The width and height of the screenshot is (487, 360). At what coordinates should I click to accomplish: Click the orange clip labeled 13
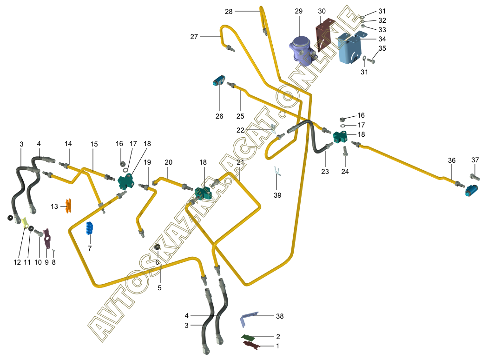(x=68, y=206)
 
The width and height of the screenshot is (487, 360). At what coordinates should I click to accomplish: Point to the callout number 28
(x=229, y=12)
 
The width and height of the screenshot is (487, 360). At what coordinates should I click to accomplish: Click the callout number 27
(x=194, y=37)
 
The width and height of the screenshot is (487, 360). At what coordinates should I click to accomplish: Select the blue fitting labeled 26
(x=219, y=80)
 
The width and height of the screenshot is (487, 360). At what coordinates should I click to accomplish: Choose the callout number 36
(x=452, y=160)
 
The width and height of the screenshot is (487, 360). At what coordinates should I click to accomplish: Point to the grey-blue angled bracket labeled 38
(x=249, y=319)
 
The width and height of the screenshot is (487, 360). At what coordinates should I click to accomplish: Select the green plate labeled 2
(x=248, y=337)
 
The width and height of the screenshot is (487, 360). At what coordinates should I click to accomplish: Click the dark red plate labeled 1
(x=251, y=345)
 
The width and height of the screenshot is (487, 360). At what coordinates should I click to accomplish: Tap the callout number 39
(x=277, y=195)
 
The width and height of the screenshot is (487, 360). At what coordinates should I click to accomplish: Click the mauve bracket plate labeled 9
(x=47, y=239)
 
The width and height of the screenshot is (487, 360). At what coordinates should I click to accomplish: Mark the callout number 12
(x=17, y=262)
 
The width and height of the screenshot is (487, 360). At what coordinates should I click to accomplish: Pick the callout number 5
(x=160, y=288)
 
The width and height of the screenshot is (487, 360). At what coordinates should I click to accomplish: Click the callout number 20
(x=168, y=162)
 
